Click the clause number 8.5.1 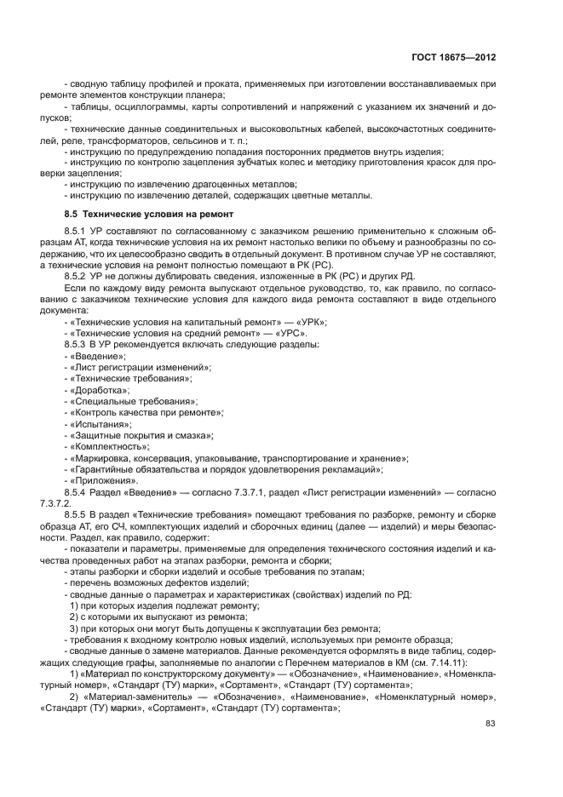pos(78,231)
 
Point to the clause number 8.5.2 pos(78,278)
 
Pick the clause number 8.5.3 pos(78,344)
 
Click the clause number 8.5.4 pos(78,492)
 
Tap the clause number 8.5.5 pos(78,514)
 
